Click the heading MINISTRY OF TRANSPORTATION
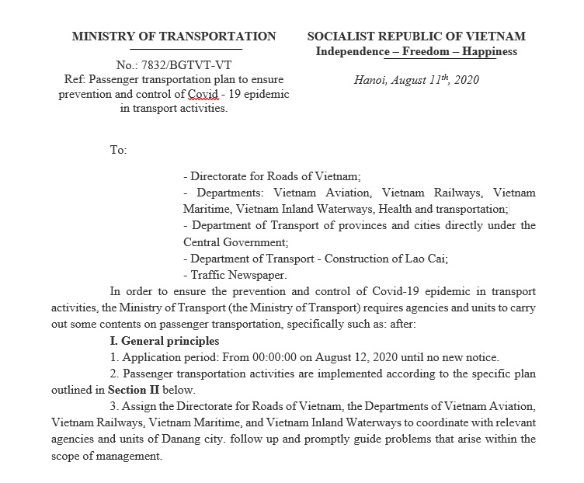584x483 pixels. [x=173, y=36]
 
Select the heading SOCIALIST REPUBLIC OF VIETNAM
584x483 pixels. [x=416, y=36]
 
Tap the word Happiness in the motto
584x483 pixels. [x=487, y=51]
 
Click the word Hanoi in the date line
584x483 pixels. [x=370, y=79]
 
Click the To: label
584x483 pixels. [x=118, y=150]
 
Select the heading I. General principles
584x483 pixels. [x=165, y=341]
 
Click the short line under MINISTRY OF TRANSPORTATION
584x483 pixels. [x=173, y=49]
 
